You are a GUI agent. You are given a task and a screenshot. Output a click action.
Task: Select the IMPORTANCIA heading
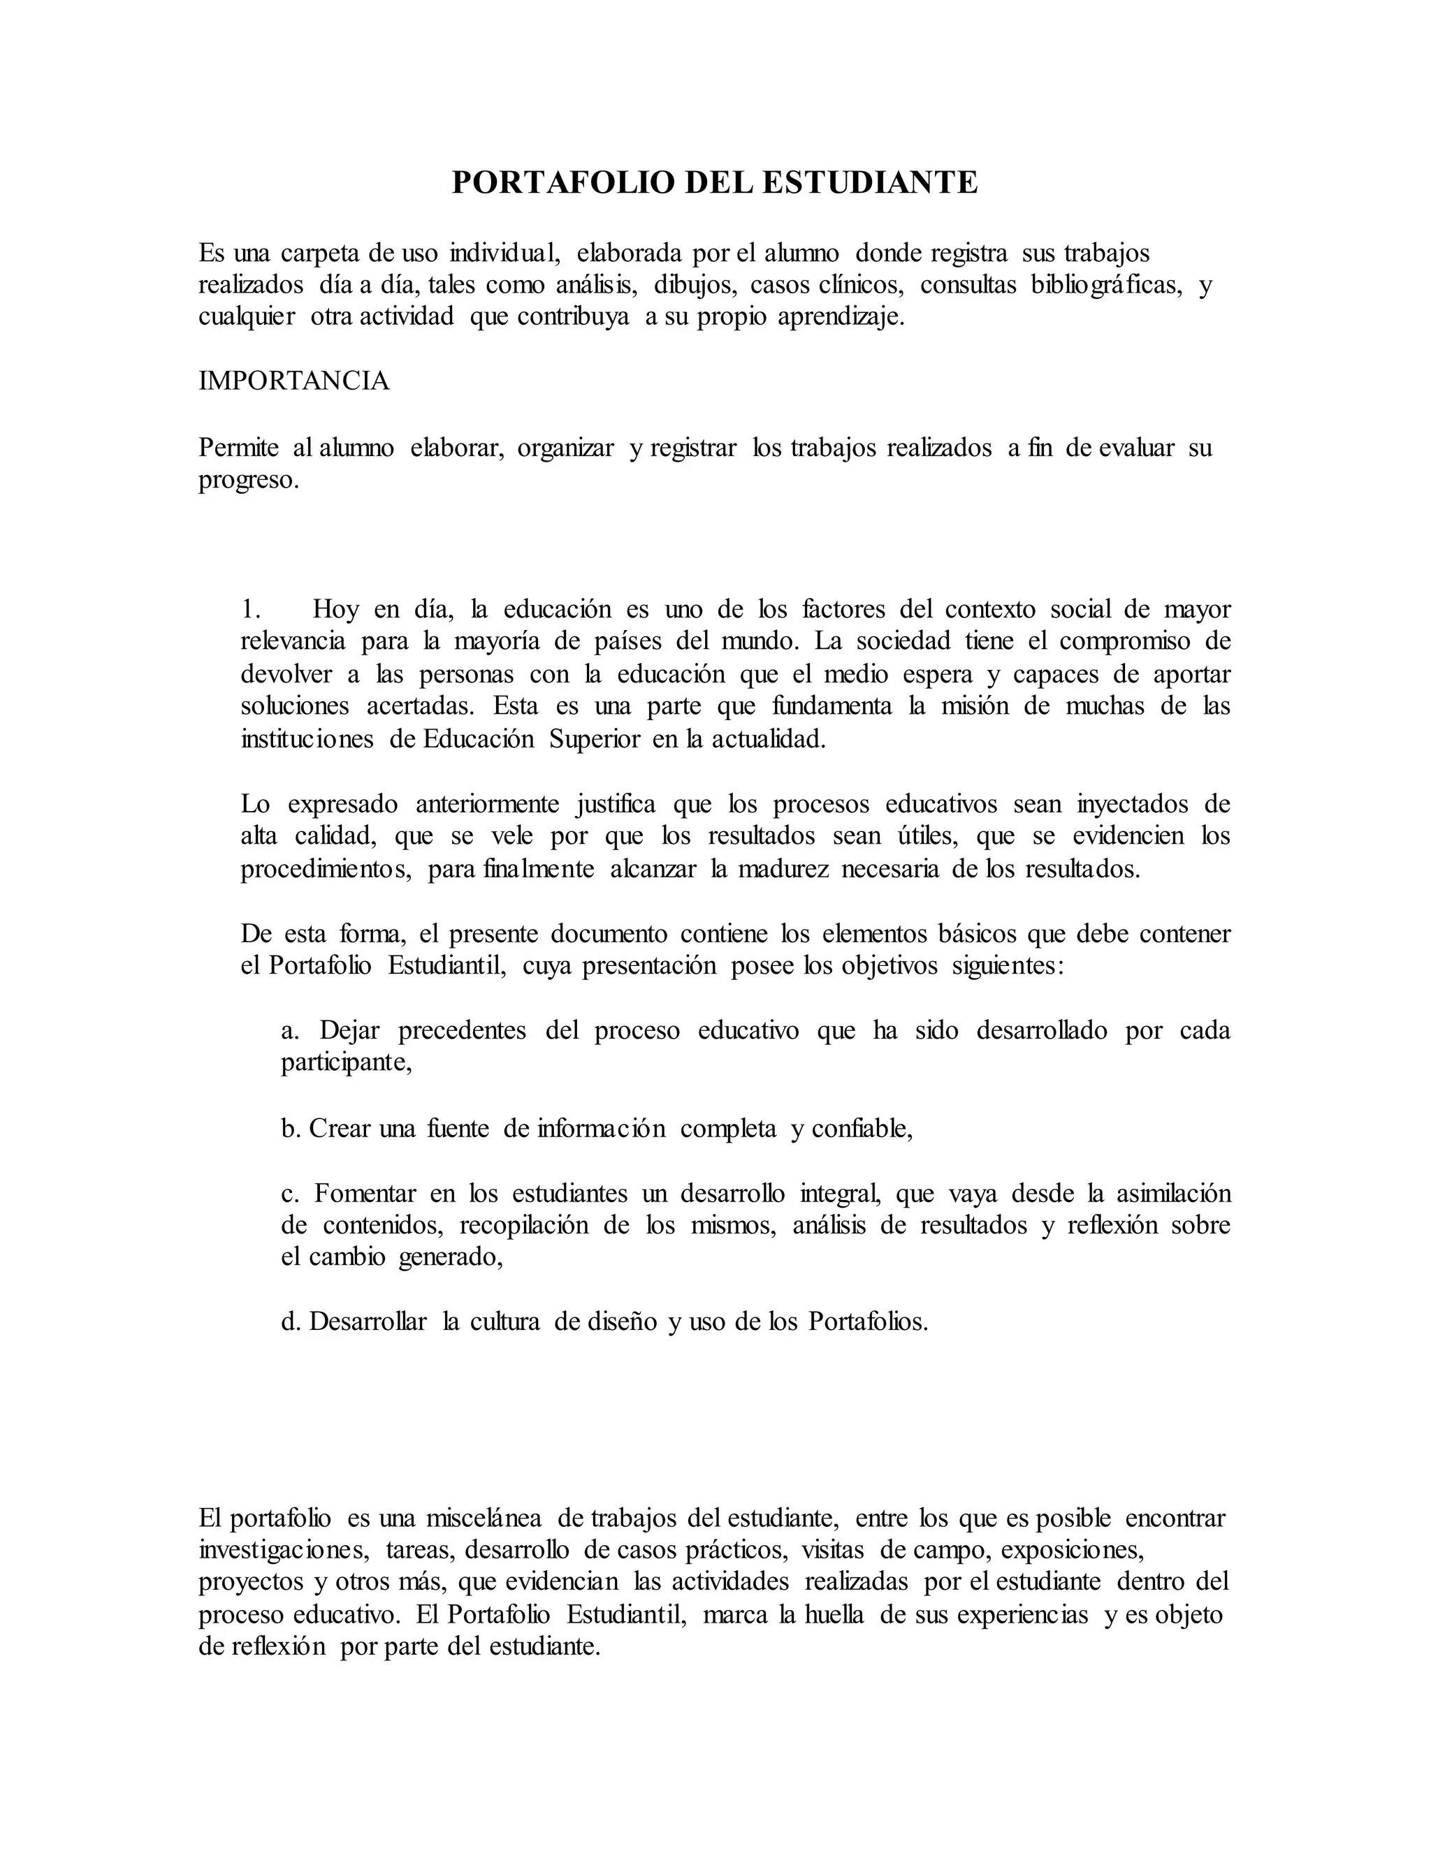pos(294,381)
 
